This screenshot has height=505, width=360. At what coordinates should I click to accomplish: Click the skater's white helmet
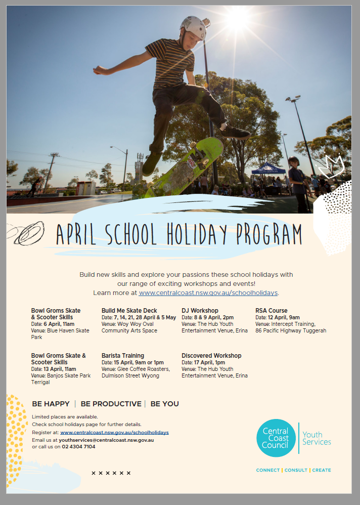pos(193,27)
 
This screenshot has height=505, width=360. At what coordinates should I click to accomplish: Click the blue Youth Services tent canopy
pos(268,169)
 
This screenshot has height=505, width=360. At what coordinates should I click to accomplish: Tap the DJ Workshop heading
pos(200,311)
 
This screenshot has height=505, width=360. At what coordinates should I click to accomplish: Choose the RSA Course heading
pos(272,311)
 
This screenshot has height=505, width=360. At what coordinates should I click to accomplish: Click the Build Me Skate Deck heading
pos(129,311)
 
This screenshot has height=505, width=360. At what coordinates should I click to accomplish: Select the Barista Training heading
pos(123,356)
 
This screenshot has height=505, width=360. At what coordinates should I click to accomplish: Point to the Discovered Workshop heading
pos(211,356)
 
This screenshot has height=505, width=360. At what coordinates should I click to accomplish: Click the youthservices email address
pos(106,440)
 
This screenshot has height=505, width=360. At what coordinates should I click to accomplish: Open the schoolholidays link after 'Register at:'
pos(114,433)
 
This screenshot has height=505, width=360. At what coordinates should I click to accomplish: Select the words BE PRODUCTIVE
pos(111,404)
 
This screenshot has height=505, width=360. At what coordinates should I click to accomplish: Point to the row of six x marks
pos(111,473)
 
